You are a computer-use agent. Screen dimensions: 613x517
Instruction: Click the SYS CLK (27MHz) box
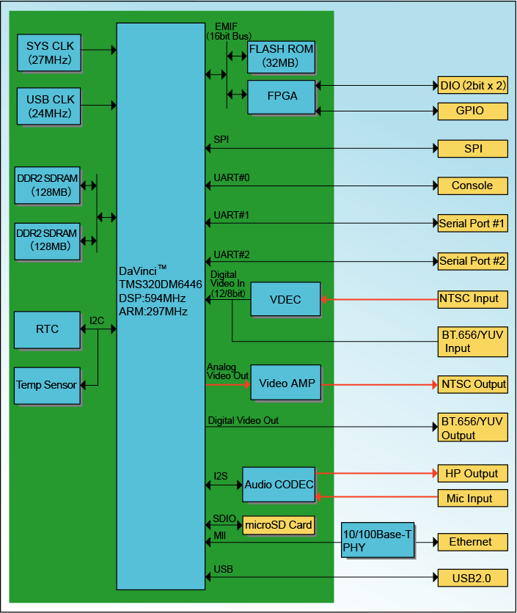(x=50, y=53)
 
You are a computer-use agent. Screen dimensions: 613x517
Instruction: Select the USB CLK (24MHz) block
(x=50, y=106)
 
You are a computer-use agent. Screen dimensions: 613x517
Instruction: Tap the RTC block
(x=48, y=329)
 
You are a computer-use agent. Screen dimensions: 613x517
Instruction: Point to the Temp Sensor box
(x=47, y=384)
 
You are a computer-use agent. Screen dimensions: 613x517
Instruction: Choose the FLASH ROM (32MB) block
(x=281, y=56)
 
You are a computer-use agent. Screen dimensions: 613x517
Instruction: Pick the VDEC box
(x=285, y=299)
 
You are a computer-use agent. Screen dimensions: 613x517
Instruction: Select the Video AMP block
(x=286, y=383)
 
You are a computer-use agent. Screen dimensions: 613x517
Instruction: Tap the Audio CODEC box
(x=279, y=485)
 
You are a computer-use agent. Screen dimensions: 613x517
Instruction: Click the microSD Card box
(x=279, y=525)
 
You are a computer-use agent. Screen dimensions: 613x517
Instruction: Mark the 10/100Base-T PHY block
(x=377, y=541)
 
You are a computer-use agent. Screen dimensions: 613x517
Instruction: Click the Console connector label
(x=472, y=186)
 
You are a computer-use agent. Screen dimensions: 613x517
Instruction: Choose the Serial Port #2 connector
(x=472, y=260)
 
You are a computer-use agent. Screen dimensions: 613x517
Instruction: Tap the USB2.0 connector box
(x=472, y=578)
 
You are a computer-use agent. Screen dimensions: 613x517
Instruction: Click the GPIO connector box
(x=472, y=111)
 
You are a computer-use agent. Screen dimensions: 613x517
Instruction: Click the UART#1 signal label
(x=232, y=215)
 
